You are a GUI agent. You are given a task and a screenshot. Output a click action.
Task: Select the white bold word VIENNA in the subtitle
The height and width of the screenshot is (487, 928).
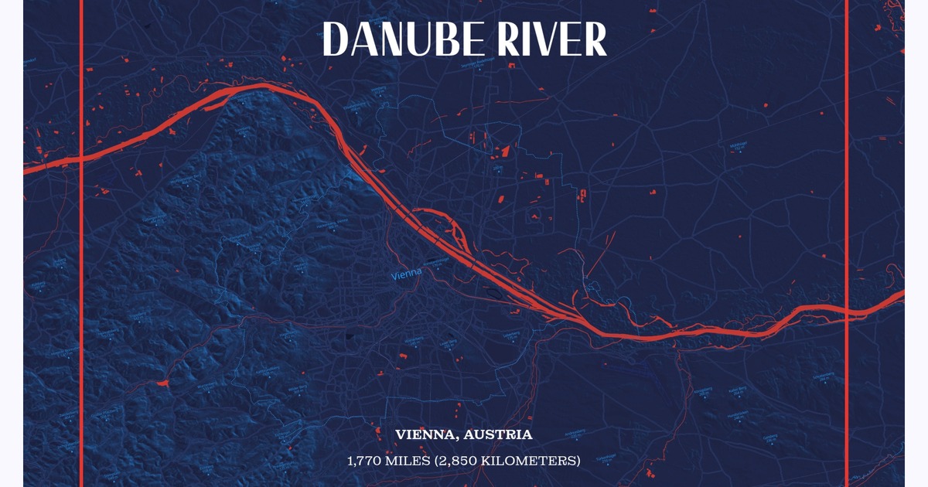click(x=424, y=435)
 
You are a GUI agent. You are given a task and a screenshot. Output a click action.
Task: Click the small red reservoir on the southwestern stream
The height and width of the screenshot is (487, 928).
click(x=162, y=383)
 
